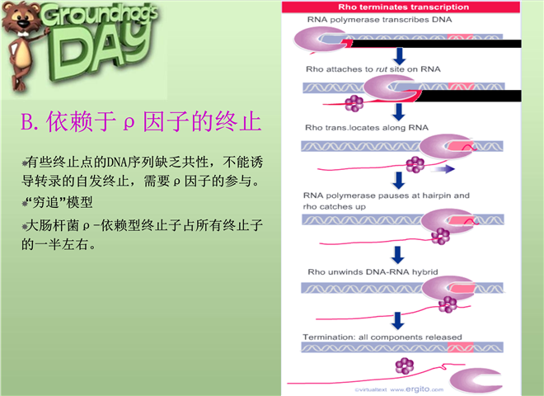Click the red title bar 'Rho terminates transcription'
401,7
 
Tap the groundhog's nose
24,24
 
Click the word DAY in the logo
101,52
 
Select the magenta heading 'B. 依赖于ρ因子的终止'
141,121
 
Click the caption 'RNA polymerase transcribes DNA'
379,20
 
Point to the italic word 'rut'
382,69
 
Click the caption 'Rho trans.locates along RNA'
367,128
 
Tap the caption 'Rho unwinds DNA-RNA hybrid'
373,272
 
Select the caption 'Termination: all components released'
382,337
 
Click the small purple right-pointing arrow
443,169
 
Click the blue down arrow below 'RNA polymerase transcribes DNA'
399,56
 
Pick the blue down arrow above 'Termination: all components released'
397,321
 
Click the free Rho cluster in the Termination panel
405,365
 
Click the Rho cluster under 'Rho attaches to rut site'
354,103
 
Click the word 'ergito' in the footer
417,389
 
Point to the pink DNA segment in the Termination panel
461,347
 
